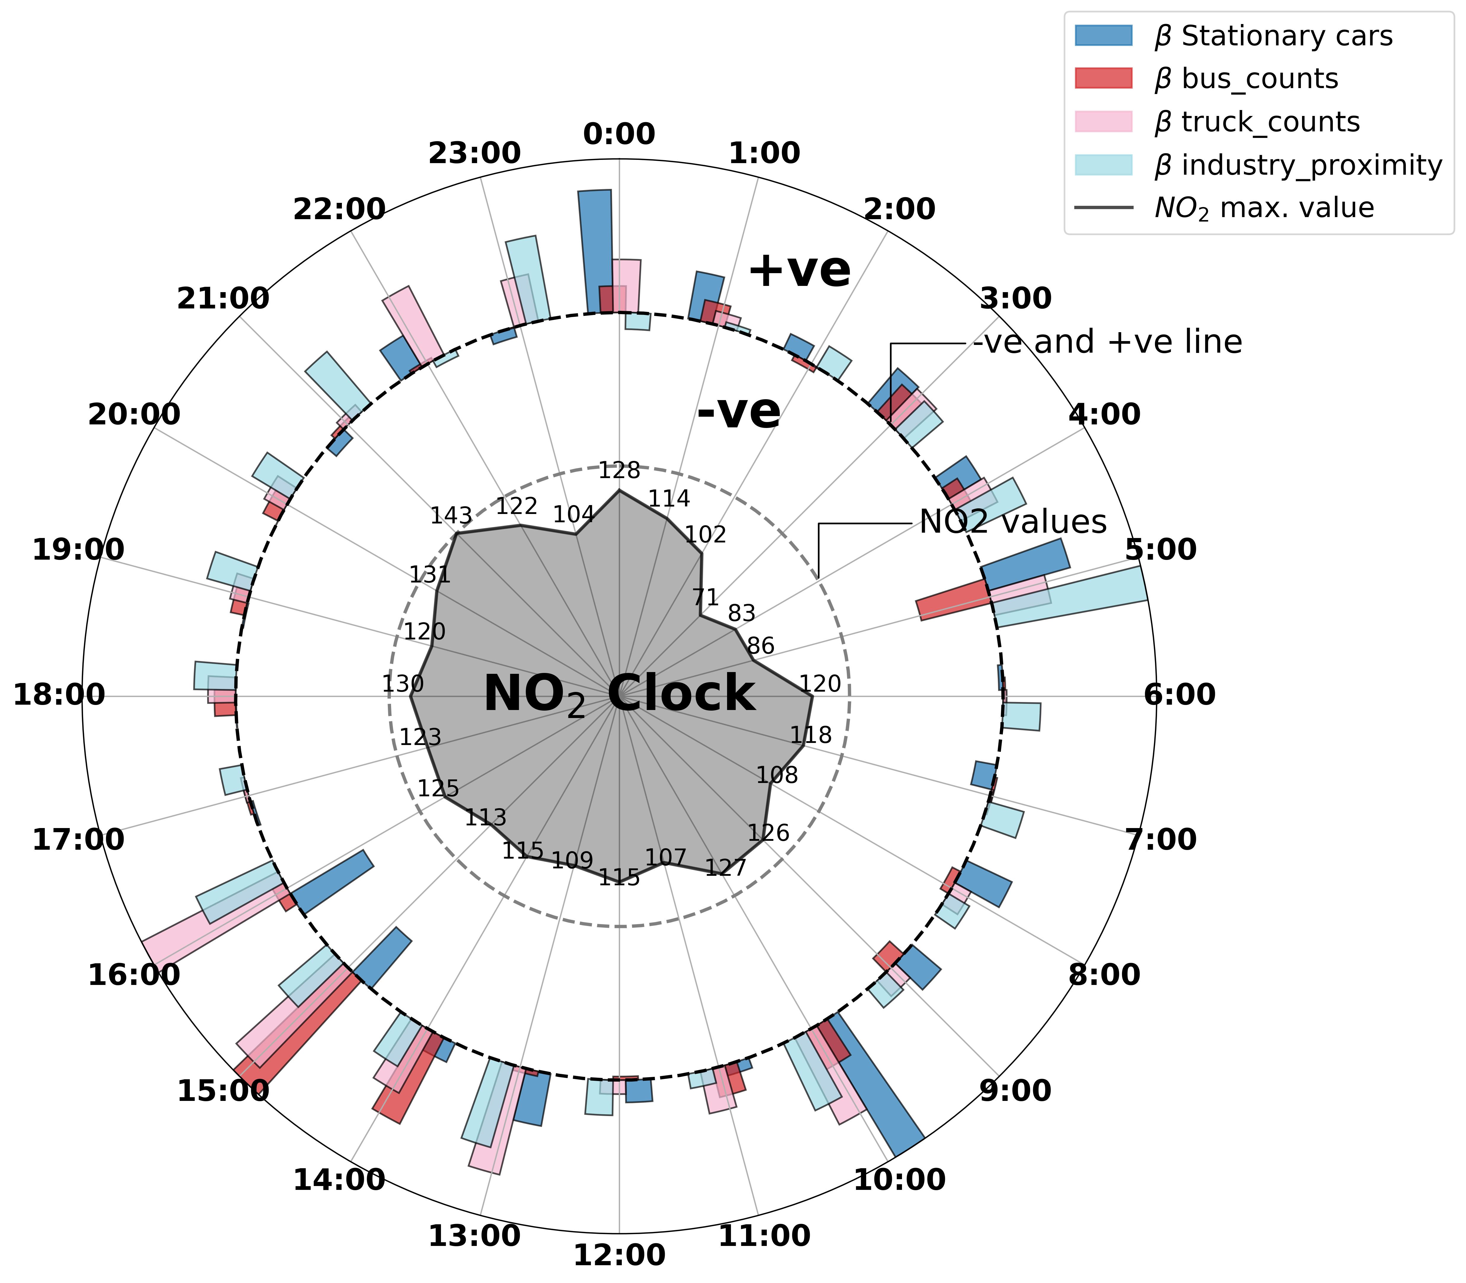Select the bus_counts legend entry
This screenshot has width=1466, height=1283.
[1245, 79]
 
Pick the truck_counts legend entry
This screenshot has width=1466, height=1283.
[1256, 122]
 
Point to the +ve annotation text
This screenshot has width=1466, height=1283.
[800, 271]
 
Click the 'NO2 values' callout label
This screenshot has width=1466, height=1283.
[1013, 523]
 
